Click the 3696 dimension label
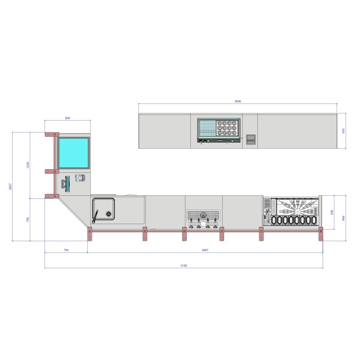point(238,101)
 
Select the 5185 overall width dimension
point(184,265)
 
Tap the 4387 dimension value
point(205,250)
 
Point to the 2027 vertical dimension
point(10,186)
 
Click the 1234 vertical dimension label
point(28,165)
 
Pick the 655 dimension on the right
point(343,131)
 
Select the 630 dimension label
point(332,212)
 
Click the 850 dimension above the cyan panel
point(67,118)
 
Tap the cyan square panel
point(74,153)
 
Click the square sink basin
point(103,209)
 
